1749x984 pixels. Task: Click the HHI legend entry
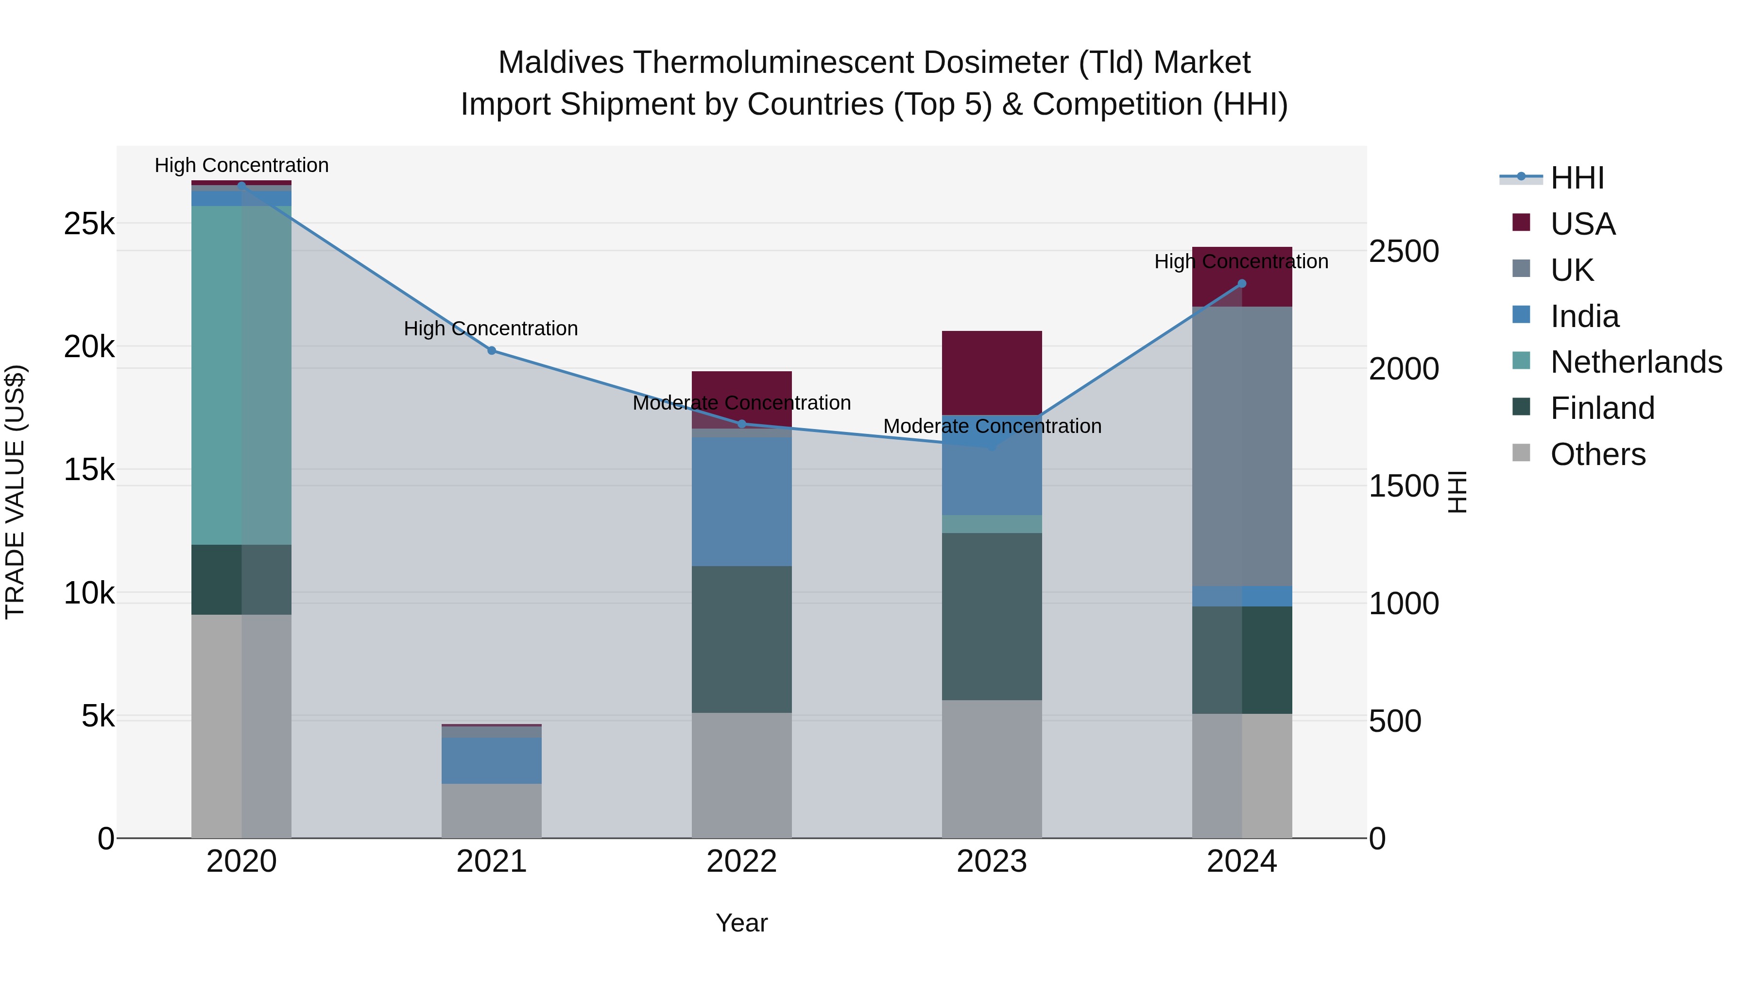(x=1577, y=178)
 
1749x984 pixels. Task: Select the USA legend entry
(x=1582, y=224)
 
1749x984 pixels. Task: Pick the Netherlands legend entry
(x=1635, y=362)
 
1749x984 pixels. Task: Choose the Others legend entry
(x=1597, y=454)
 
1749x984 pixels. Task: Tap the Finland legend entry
(x=1602, y=408)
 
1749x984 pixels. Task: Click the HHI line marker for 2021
(x=492, y=350)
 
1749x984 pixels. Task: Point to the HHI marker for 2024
(x=1242, y=284)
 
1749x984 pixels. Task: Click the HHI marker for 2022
(x=741, y=424)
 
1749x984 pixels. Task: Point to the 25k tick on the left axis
(x=89, y=224)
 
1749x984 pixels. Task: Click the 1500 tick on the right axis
(x=1403, y=486)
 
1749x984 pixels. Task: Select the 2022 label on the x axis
(x=741, y=862)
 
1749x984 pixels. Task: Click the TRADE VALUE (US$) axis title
(x=16, y=492)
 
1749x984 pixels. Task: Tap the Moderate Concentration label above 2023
(x=991, y=427)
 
